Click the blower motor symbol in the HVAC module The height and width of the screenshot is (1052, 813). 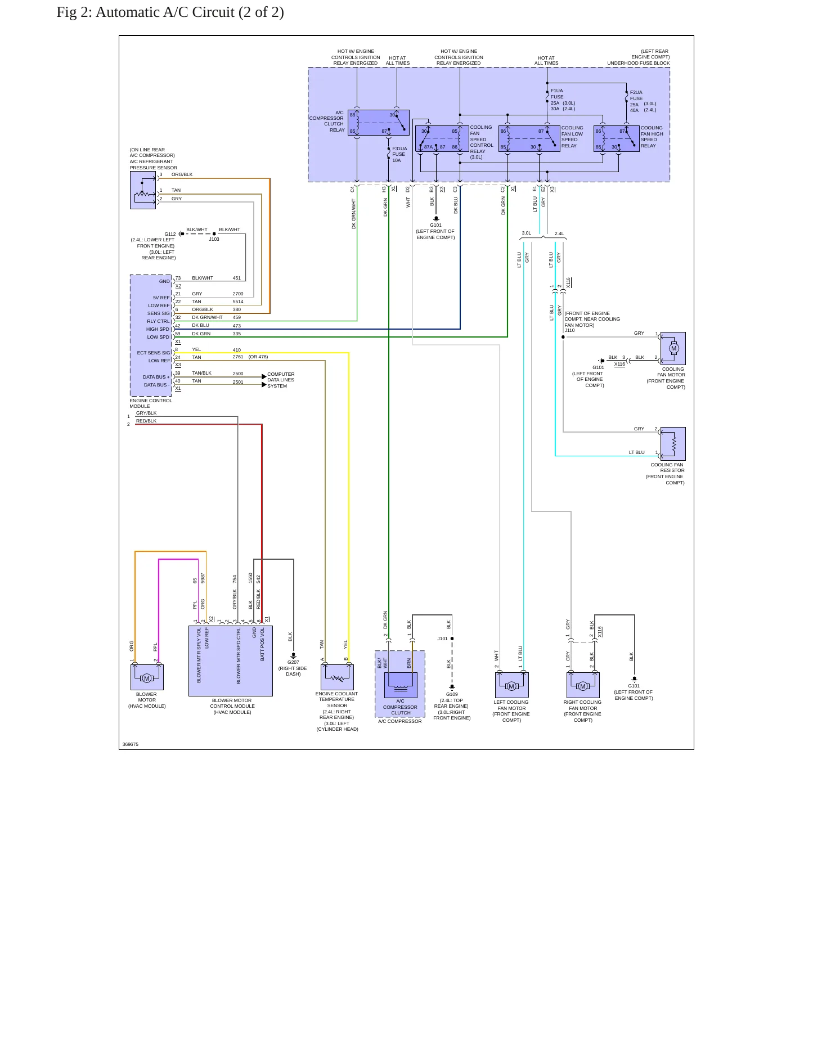pyautogui.click(x=147, y=677)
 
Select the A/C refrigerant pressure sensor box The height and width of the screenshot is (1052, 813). pyautogui.click(x=143, y=190)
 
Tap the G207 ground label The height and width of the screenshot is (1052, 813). pyautogui.click(x=293, y=662)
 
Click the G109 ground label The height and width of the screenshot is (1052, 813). pyautogui.click(x=452, y=694)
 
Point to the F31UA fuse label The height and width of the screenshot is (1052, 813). pyautogui.click(x=399, y=149)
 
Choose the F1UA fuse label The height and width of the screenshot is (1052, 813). pyautogui.click(x=556, y=91)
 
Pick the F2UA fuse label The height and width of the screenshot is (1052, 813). pyautogui.click(x=636, y=92)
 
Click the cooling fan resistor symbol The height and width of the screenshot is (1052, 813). pyautogui.click(x=673, y=444)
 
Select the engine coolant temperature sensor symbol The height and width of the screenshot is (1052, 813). pyautogui.click(x=337, y=677)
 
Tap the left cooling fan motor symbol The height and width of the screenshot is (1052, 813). pyautogui.click(x=511, y=685)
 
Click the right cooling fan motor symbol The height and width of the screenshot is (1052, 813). pyautogui.click(x=583, y=685)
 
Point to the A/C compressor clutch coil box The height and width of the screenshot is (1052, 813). pyautogui.click(x=401, y=685)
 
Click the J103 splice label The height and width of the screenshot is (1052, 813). pyautogui.click(x=214, y=239)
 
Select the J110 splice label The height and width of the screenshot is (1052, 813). pyautogui.click(x=569, y=330)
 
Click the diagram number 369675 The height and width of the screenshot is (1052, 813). pyautogui.click(x=131, y=744)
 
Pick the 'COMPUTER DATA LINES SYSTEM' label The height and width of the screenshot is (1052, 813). pyautogui.click(x=281, y=380)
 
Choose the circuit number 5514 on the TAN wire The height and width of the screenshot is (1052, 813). pyautogui.click(x=238, y=302)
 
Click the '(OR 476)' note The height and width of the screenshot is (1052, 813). pyautogui.click(x=258, y=357)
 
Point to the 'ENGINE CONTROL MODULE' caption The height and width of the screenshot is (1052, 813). pyautogui.click(x=151, y=403)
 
